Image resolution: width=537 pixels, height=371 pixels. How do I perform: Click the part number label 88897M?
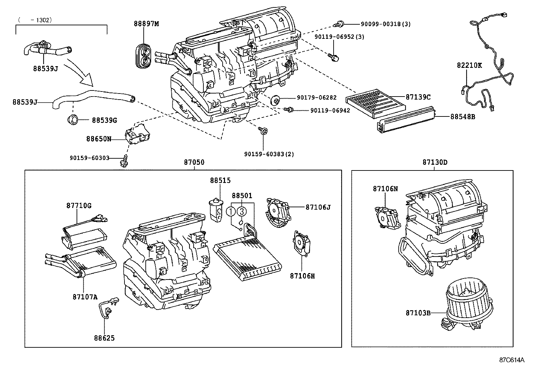pyautogui.click(x=146, y=24)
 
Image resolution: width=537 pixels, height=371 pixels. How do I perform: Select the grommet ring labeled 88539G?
pyautogui.click(x=73, y=120)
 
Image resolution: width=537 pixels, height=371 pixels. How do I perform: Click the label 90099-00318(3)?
pyautogui.click(x=386, y=24)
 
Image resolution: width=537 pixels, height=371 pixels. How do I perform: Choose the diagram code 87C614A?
pyautogui.click(x=512, y=360)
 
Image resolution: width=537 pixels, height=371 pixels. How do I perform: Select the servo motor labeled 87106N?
pyautogui.click(x=386, y=218)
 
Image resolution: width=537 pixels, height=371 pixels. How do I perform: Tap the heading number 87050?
pyautogui.click(x=194, y=162)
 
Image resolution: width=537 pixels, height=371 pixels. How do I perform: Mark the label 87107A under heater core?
pyautogui.click(x=85, y=297)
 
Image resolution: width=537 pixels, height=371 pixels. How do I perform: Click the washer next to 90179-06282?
pyautogui.click(x=276, y=100)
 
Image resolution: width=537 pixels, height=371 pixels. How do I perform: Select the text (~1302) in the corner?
pyautogui.click(x=35, y=20)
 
